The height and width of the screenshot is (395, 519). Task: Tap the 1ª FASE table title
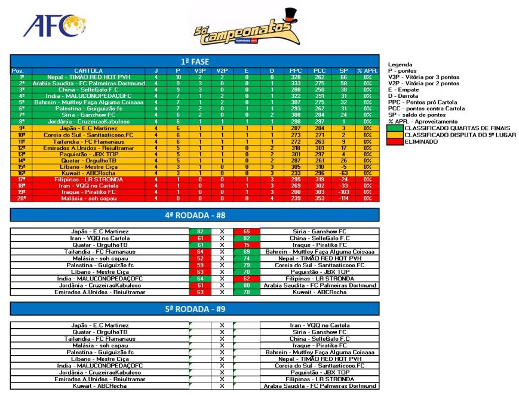(194, 61)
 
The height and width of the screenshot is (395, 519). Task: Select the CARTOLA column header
(88, 71)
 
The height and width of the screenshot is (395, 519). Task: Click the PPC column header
(296, 71)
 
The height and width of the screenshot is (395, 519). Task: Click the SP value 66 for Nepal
(343, 77)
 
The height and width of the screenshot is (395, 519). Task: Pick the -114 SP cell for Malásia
(343, 199)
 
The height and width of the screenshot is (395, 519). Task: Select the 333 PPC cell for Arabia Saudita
(296, 84)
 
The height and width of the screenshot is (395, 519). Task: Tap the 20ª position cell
(22, 199)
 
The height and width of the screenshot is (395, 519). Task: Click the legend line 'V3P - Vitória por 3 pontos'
(423, 77)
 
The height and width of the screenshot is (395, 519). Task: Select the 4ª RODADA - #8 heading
(194, 215)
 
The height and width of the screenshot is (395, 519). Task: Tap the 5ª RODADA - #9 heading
(194, 309)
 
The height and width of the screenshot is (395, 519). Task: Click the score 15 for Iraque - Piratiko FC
(245, 245)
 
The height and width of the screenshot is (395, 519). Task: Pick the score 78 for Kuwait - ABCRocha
(245, 292)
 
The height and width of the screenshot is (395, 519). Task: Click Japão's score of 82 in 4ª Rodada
(200, 231)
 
